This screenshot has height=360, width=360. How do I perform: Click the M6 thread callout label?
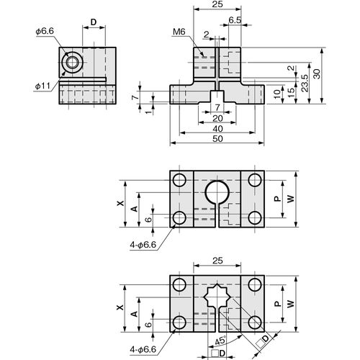coord(179,32)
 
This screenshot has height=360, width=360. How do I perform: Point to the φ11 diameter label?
coord(42,86)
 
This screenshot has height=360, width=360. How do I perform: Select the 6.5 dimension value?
coord(235,20)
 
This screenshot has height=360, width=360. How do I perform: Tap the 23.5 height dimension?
coord(305,83)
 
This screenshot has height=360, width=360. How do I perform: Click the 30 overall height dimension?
coord(317,74)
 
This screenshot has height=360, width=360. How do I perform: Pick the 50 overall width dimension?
coord(217,139)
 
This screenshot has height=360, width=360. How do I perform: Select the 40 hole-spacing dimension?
coord(217,129)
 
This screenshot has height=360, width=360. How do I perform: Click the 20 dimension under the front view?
coord(217,118)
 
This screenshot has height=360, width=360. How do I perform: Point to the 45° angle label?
coord(220,341)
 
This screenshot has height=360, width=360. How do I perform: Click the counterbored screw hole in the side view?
coord(71,63)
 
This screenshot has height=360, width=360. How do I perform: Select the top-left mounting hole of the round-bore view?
coord(179,180)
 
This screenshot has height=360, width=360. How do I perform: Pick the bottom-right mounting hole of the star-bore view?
coord(255,323)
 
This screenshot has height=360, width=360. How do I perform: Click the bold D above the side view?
coord(94,22)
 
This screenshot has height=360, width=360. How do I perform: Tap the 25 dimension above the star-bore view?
coord(217,261)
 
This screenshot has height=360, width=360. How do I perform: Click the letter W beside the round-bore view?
coord(291,199)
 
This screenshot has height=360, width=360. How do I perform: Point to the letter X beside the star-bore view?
coord(120,307)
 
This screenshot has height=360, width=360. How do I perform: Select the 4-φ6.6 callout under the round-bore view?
coord(143,245)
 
